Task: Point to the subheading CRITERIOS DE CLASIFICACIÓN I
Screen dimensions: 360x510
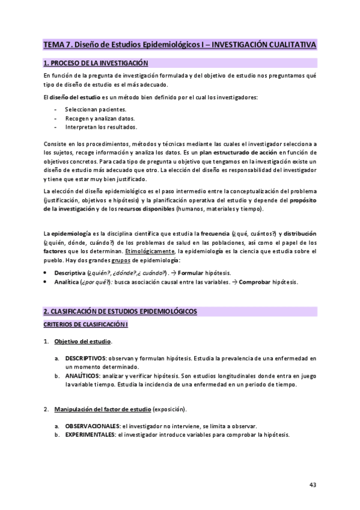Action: (x=85, y=325)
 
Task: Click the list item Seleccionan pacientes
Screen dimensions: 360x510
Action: (x=96, y=109)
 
